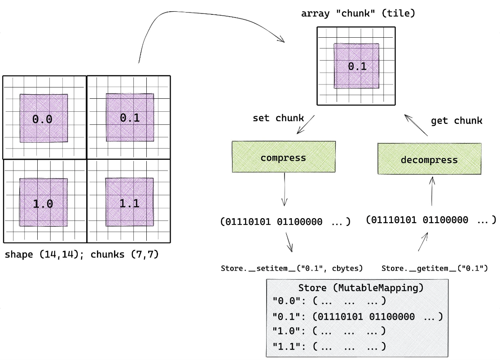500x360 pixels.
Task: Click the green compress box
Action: click(283, 157)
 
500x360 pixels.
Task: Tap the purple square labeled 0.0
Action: click(44, 118)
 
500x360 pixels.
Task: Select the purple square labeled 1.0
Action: click(44, 203)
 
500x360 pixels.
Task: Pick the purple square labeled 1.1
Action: click(130, 202)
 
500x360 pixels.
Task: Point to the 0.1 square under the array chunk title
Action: click(356, 66)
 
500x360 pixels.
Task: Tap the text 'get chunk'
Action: click(456, 120)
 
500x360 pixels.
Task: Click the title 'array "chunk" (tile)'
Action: click(358, 13)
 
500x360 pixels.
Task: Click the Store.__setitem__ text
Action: click(292, 268)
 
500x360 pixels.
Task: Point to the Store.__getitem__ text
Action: click(434, 268)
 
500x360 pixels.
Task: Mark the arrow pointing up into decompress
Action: click(432, 191)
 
